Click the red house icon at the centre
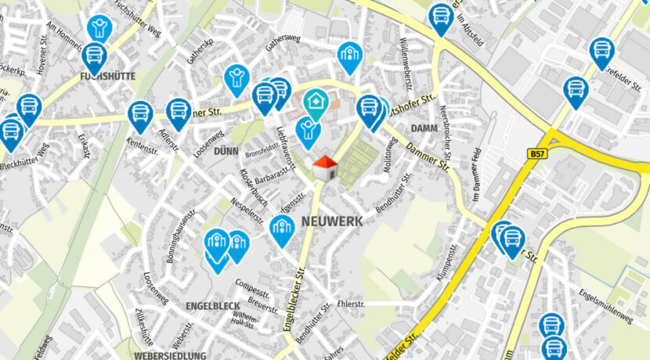click(324, 167)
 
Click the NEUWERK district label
click(332, 221)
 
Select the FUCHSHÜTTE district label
click(108, 77)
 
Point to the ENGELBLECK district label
click(213, 304)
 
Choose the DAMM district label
click(421, 128)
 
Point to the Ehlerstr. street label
click(351, 302)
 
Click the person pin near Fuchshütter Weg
click(99, 29)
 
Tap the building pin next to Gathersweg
click(348, 56)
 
